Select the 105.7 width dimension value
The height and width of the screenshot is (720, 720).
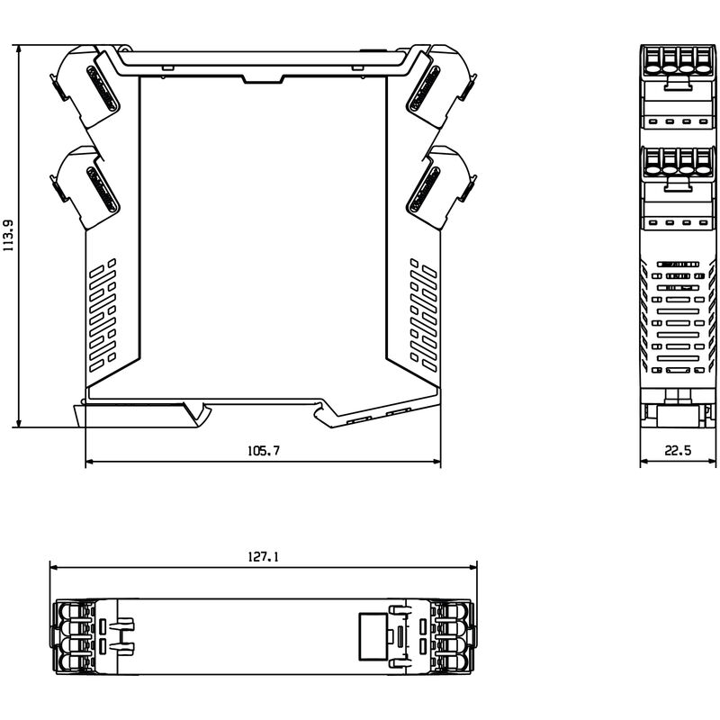pyautogui.click(x=263, y=451)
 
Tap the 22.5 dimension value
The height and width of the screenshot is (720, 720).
pyautogui.click(x=677, y=451)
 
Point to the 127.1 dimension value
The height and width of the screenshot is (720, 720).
pyautogui.click(x=263, y=557)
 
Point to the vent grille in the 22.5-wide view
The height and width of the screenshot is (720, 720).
pyautogui.click(x=676, y=315)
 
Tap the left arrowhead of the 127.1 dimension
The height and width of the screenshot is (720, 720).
pyautogui.click(x=53, y=568)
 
